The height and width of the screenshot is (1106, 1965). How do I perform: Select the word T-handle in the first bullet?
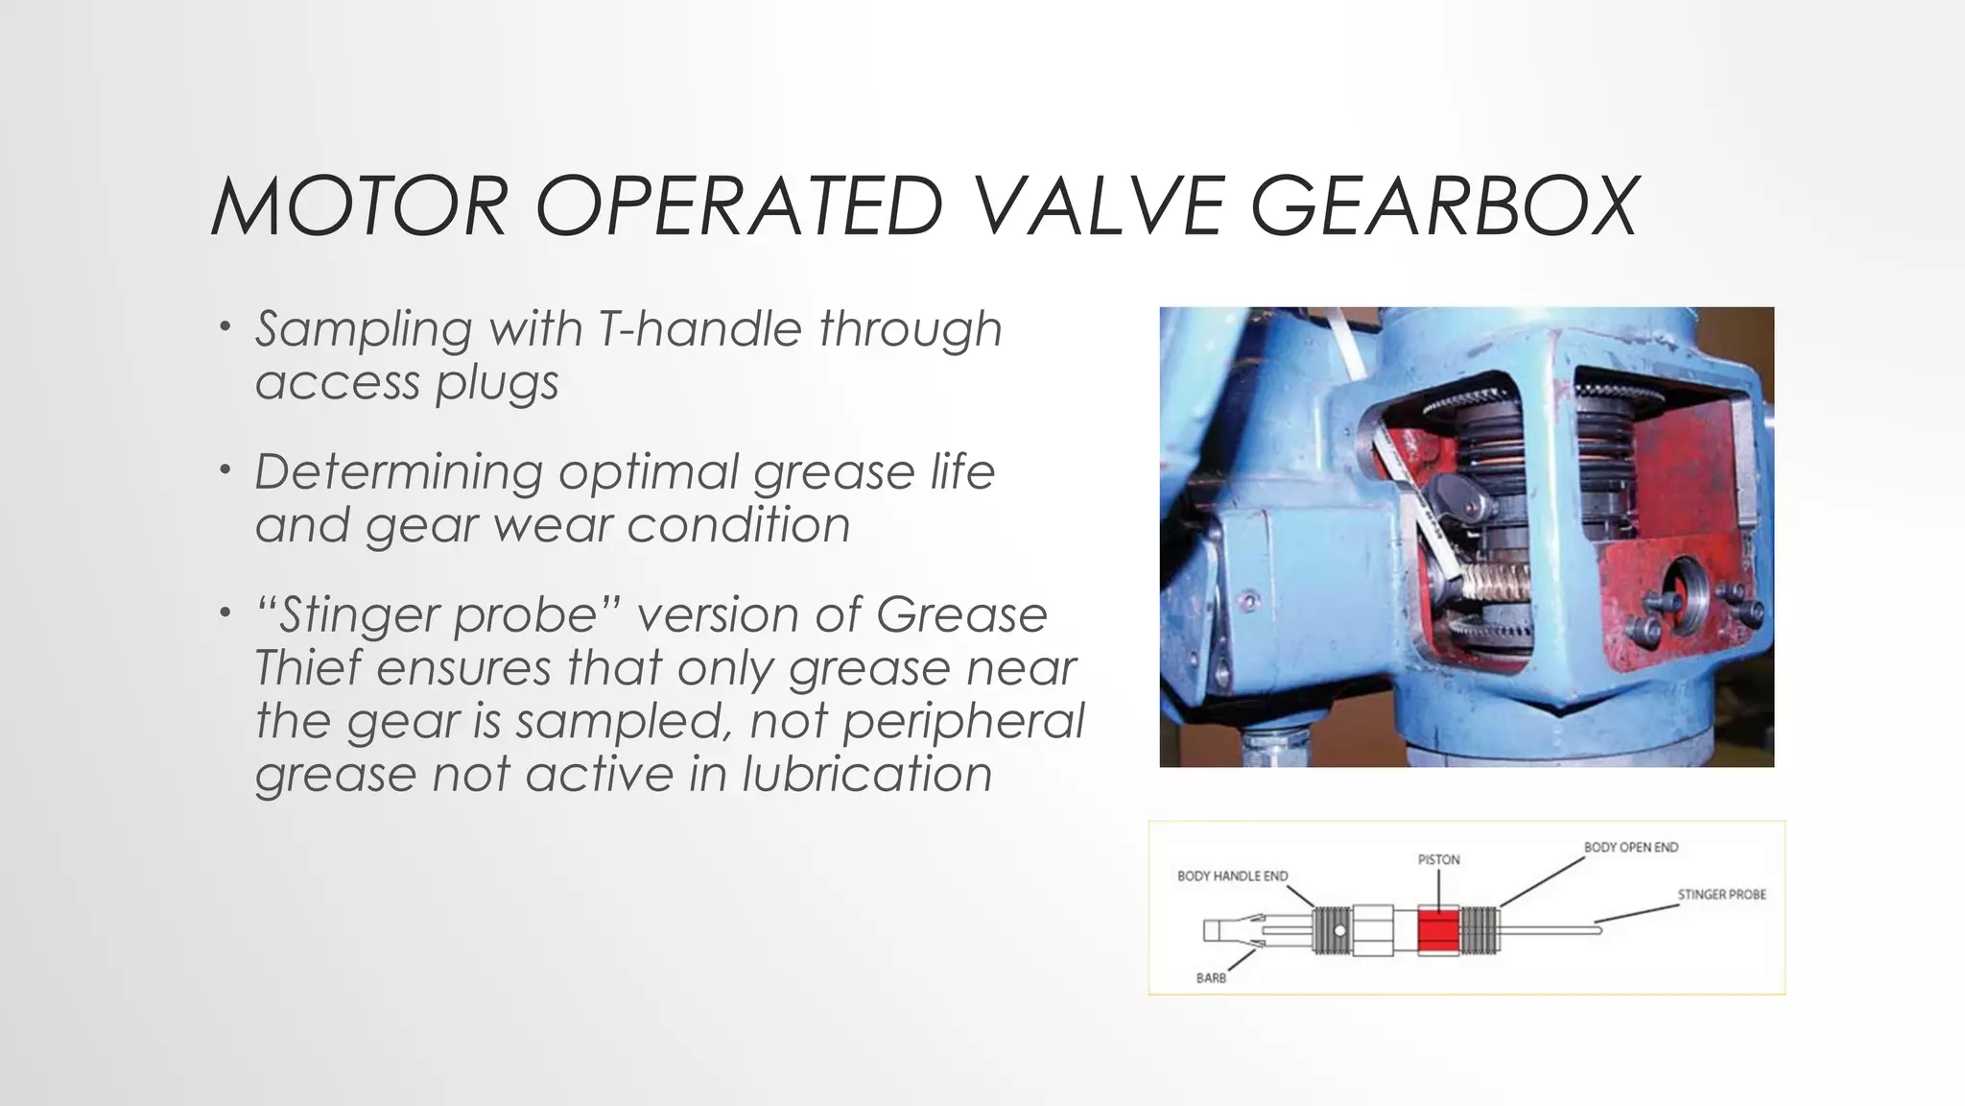coord(698,329)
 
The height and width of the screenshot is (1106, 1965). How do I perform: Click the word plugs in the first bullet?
coord(497,383)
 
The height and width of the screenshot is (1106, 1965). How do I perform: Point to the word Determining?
coord(398,472)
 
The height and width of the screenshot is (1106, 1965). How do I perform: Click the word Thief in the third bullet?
coord(308,668)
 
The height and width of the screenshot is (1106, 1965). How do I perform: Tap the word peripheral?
coord(963,721)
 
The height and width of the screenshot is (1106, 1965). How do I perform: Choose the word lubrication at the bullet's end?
coord(866,775)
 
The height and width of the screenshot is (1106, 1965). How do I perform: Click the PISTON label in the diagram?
coord(1438,860)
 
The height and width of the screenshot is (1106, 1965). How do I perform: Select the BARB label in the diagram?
coord(1211,977)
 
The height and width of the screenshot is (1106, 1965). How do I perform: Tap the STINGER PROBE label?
coord(1721,895)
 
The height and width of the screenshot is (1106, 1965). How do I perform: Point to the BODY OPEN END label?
coord(1630,848)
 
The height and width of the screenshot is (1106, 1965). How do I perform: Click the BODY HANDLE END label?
coord(1232,877)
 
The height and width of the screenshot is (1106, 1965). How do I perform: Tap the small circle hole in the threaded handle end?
coord(1339,930)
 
